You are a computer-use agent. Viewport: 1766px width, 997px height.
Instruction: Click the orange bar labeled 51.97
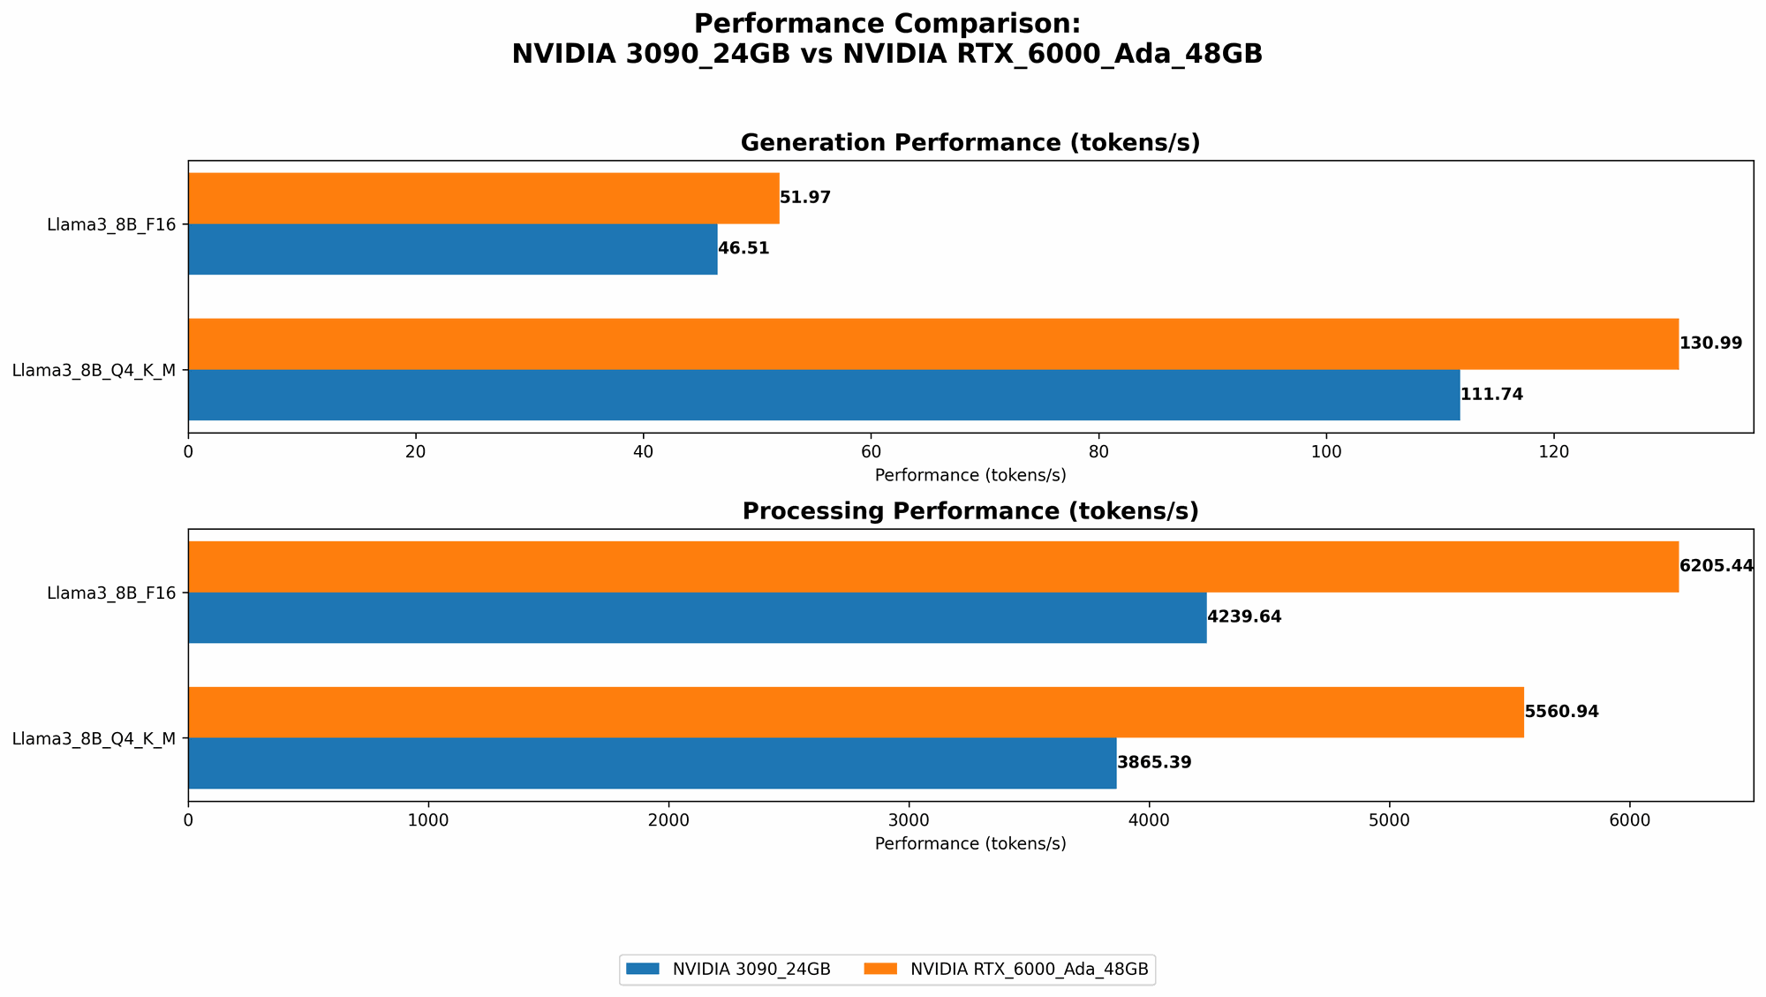click(x=483, y=198)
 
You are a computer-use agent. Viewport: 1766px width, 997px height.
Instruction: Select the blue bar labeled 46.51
click(x=452, y=249)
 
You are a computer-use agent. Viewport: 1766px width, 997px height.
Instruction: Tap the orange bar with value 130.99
click(x=932, y=344)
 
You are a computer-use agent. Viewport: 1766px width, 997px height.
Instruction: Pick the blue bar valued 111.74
click(x=823, y=395)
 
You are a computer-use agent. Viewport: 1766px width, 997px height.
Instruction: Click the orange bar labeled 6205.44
click(x=932, y=566)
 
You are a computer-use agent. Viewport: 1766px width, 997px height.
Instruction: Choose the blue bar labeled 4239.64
click(x=697, y=617)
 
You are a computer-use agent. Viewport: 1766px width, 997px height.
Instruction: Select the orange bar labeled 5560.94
click(x=856, y=712)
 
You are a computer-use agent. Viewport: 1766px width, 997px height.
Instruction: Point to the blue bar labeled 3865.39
click(x=652, y=763)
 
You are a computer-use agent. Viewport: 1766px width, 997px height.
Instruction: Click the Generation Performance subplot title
click(x=970, y=143)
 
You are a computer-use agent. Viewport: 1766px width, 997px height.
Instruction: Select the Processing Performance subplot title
click(x=970, y=511)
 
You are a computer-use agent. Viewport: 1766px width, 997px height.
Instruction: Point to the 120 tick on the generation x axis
click(x=1553, y=451)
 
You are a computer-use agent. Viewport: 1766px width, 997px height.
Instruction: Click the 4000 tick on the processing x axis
click(x=1149, y=820)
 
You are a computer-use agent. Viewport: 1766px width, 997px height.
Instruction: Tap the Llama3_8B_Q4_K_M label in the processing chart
click(x=93, y=738)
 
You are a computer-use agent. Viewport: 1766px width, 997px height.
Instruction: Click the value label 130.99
click(x=1710, y=344)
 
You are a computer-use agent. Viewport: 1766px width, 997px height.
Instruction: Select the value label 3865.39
click(x=1154, y=763)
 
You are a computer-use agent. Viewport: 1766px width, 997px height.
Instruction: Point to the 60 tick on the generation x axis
click(x=871, y=451)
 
